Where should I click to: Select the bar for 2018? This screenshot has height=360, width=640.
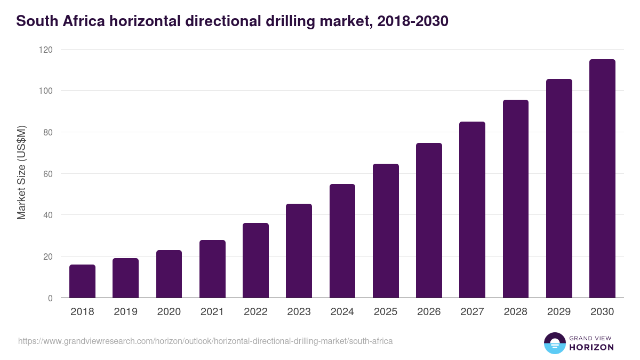(82, 282)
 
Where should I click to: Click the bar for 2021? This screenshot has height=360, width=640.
(212, 269)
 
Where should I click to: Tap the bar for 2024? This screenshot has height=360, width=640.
(342, 241)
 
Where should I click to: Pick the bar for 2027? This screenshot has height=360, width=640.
(472, 210)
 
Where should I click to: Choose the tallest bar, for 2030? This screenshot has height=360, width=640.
(602, 179)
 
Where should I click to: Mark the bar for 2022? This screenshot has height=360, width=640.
(255, 261)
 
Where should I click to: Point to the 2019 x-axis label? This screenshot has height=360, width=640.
(125, 312)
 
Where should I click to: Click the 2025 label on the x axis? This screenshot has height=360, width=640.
(386, 312)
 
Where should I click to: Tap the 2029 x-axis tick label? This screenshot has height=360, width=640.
(559, 312)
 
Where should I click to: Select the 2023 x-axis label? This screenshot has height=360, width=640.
(299, 312)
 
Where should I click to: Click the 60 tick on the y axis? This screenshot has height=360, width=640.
(48, 174)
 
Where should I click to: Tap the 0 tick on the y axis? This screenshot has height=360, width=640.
(50, 298)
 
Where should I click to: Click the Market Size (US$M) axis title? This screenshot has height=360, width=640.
(21, 173)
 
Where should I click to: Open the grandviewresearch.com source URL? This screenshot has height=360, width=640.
(205, 341)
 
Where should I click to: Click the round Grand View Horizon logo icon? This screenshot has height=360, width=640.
(554, 343)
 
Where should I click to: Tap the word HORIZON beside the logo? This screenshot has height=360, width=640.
(591, 347)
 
